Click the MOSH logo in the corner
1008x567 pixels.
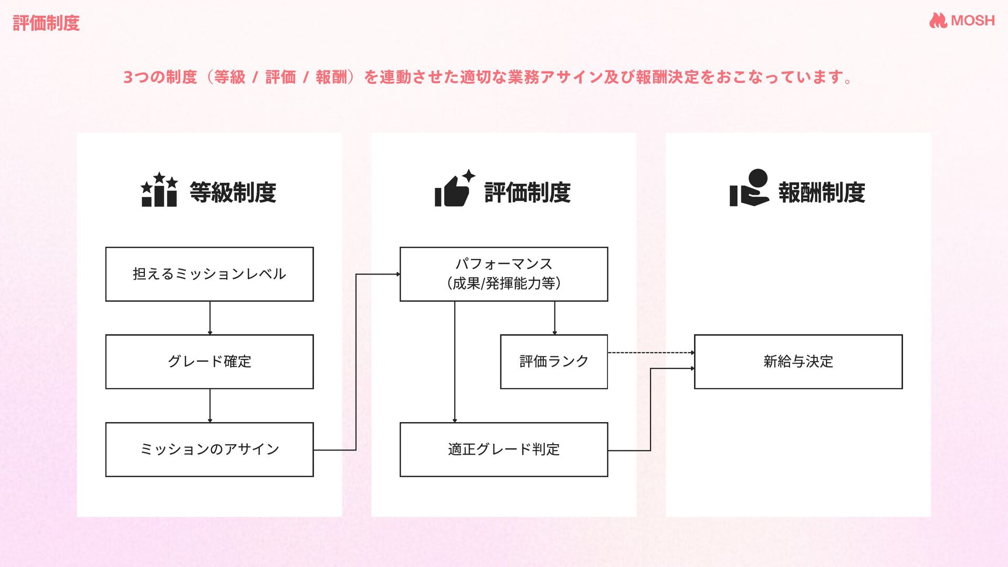click(962, 20)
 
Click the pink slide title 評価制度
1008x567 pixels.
click(46, 23)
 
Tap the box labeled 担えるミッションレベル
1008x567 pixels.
click(209, 274)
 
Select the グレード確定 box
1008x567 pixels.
click(209, 362)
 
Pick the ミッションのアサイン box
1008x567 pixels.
click(209, 449)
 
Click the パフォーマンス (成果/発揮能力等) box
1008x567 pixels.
click(503, 274)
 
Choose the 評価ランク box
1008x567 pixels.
click(554, 362)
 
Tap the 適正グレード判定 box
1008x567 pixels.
click(503, 449)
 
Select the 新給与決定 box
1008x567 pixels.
click(798, 362)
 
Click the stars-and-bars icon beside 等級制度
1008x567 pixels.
click(159, 190)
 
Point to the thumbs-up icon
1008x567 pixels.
click(454, 189)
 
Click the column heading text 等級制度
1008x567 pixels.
click(233, 192)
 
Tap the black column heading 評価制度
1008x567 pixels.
click(527, 192)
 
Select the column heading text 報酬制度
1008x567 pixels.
click(822, 192)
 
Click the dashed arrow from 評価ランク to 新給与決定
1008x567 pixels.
click(651, 353)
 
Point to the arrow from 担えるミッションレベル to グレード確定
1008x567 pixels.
click(210, 318)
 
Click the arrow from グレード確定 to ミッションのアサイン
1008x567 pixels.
click(210, 405)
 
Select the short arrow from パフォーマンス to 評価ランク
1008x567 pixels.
click(554, 318)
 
